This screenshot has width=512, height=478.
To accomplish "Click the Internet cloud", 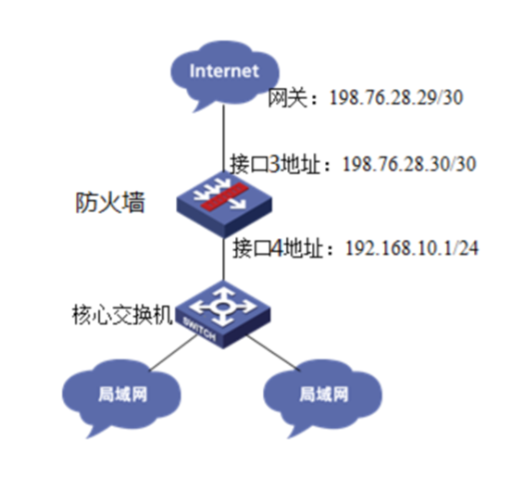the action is [x=225, y=74].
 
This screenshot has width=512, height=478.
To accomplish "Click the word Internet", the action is [x=224, y=71].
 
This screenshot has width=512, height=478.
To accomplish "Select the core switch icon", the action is [x=223, y=314].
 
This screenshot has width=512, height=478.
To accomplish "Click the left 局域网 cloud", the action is [x=121, y=396].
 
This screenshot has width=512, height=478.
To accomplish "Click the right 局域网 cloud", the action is [x=322, y=396].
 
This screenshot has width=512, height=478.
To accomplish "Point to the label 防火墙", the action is [x=109, y=203].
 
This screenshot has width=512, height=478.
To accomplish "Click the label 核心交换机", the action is [x=122, y=315].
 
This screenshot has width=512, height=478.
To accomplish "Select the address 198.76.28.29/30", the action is [x=396, y=97].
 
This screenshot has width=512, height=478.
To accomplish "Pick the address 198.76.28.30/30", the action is [x=409, y=164].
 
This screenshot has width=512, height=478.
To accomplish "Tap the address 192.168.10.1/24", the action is [x=412, y=248].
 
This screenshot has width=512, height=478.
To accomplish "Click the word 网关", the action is [x=288, y=97].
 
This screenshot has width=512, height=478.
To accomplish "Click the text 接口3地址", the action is [x=275, y=164].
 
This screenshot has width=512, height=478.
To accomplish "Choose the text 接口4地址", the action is [x=278, y=248].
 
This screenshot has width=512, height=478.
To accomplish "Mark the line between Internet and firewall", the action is [x=224, y=138].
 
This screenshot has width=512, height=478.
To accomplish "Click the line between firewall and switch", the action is [x=224, y=258].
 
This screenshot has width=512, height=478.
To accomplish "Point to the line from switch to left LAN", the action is [x=172, y=354].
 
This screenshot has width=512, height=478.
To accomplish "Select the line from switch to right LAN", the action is [x=274, y=353].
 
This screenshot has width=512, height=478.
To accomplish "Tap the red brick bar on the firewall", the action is [x=223, y=195].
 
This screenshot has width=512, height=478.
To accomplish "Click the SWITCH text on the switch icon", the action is [x=199, y=330].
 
